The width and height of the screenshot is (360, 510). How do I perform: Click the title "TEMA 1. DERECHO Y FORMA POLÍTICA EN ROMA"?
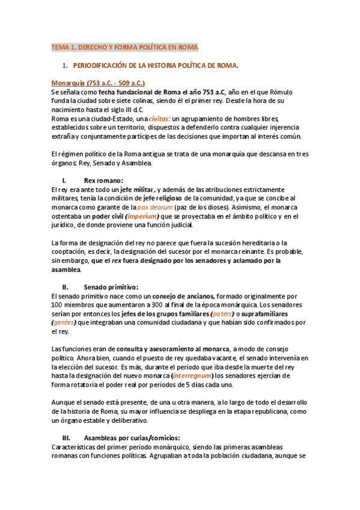(x=124, y=47)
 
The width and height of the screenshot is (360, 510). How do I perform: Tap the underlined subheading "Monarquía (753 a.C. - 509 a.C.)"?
(x=98, y=82)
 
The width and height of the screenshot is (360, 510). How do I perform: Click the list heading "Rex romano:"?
(x=103, y=180)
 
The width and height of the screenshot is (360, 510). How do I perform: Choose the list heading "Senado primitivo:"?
(x=111, y=287)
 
